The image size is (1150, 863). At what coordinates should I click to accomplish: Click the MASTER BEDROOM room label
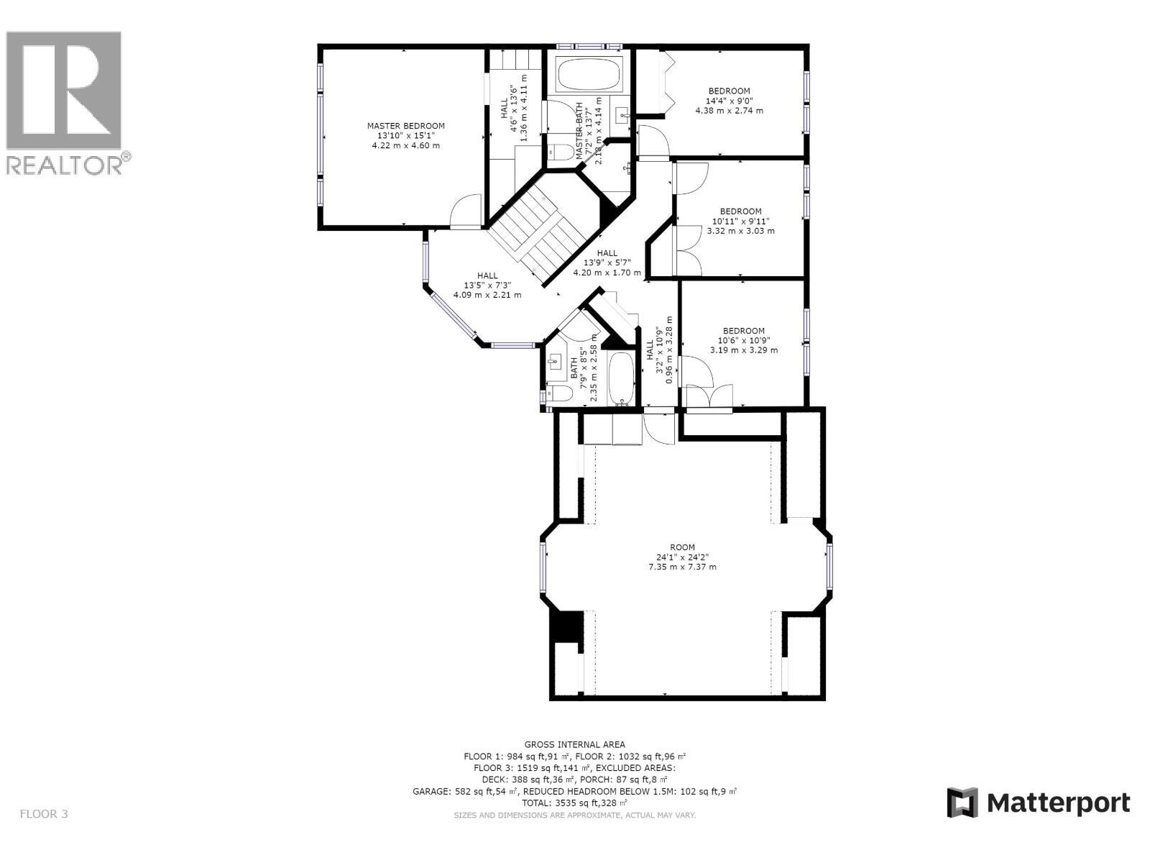405,126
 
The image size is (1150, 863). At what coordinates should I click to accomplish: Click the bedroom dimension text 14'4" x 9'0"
729,101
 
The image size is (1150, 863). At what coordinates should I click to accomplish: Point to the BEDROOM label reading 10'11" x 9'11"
740,211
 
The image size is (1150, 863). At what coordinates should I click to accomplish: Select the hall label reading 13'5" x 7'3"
487,275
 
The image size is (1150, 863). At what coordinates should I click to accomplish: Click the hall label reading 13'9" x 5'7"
607,253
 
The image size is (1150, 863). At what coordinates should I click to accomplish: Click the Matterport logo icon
962,803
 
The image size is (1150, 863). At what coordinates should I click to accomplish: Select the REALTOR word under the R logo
65,165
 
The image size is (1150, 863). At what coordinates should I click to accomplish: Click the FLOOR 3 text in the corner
44,814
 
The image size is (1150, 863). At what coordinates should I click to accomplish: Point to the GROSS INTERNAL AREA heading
574,744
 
